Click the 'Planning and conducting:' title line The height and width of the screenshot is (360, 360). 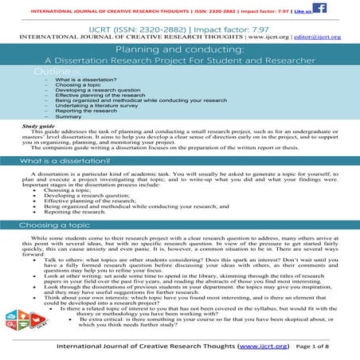point(179,50)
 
